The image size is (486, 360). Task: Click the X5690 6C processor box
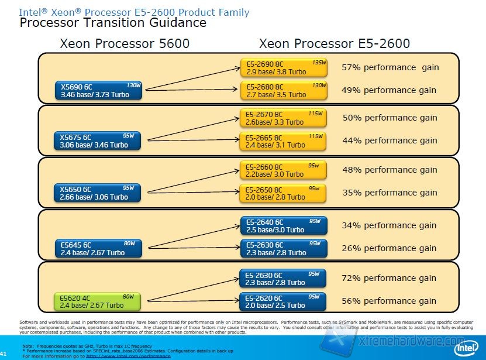pos(99,90)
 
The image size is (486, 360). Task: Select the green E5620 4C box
pos(98,301)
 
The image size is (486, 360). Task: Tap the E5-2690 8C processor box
pos(283,67)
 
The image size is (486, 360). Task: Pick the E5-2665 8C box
pos(283,140)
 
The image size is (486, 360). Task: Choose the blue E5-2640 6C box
pos(283,225)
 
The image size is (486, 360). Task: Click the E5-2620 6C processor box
pos(283,301)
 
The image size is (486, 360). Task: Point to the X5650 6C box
pos(99,193)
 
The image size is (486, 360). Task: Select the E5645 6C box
pos(99,248)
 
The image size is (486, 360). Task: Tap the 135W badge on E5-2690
pos(318,62)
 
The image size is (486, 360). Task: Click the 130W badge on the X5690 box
pos(133,85)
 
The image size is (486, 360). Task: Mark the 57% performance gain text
pos(390,67)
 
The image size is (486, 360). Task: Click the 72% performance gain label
pos(389,278)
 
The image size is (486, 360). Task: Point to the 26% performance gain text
pos(389,248)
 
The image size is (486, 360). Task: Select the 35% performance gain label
pos(389,193)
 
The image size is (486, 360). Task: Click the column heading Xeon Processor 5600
pos(125,43)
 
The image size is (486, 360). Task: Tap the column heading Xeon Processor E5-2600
pos(334,43)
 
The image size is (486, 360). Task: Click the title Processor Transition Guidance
pos(113,23)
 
